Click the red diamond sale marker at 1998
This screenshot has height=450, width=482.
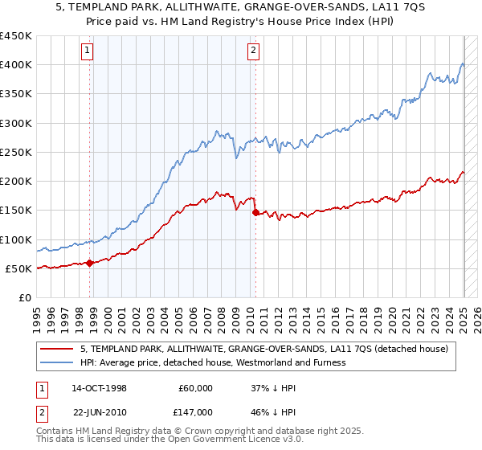click(90, 262)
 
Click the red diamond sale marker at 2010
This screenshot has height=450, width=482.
click(255, 212)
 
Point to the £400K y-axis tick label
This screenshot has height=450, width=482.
click(16, 65)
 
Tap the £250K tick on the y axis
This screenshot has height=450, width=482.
click(16, 152)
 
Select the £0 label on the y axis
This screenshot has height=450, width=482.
click(24, 297)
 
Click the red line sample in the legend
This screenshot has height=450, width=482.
click(56, 349)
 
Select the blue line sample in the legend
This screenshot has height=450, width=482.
click(56, 362)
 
